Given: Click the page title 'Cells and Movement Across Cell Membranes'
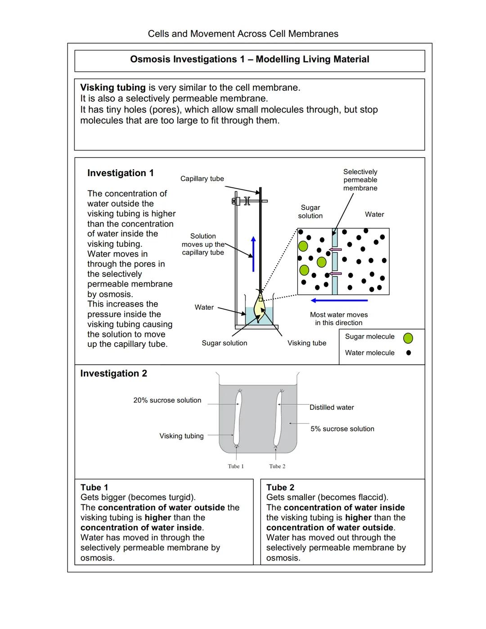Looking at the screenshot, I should [x=243, y=34].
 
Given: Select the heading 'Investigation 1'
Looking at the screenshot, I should [x=120, y=173].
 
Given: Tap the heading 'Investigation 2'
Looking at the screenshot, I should [x=113, y=373].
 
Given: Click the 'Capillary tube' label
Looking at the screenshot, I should [x=202, y=179].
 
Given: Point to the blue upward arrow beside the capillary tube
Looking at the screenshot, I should [x=253, y=254].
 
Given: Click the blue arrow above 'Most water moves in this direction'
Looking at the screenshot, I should [x=339, y=300].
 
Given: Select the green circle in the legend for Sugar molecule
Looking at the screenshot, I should [x=408, y=338].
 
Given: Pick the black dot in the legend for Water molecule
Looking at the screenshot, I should [x=409, y=353].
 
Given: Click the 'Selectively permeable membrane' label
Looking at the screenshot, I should [x=360, y=180].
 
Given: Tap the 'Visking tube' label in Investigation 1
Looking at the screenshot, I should [x=306, y=343].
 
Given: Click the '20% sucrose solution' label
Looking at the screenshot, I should [x=167, y=400].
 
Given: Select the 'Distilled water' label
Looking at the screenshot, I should [x=332, y=407].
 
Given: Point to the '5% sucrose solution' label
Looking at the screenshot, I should [x=342, y=429].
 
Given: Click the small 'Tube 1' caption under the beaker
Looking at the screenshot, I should [x=236, y=466].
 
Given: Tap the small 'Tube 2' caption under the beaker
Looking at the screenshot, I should [x=277, y=466].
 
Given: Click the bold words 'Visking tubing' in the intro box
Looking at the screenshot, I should [x=112, y=88].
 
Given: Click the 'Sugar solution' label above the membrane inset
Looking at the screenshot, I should [x=310, y=212].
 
